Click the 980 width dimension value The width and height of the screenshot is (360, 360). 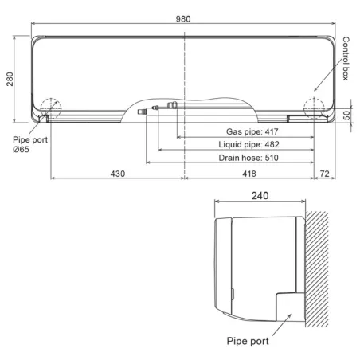[x=183, y=19]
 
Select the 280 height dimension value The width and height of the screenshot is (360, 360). [x=10, y=79]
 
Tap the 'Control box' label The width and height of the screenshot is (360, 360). [x=346, y=58]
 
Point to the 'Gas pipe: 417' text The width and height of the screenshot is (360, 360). [x=252, y=131]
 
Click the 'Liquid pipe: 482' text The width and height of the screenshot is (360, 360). [x=248, y=144]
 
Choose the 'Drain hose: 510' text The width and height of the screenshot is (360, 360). [x=248, y=158]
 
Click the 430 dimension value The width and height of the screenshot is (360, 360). [x=118, y=174]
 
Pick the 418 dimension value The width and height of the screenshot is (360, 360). [x=249, y=174]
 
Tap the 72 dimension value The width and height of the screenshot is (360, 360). [x=324, y=174]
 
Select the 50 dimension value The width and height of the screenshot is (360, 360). [x=346, y=115]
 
